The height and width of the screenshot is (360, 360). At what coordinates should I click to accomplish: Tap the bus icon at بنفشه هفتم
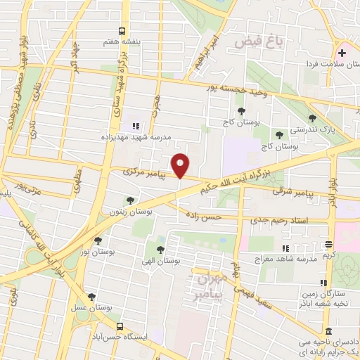point(122,31)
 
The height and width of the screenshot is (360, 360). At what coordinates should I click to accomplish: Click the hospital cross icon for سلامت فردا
point(342,53)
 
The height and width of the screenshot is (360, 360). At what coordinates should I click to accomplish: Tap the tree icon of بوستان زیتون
point(129,200)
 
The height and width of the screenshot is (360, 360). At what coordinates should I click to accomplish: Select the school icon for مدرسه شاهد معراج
point(285,248)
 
